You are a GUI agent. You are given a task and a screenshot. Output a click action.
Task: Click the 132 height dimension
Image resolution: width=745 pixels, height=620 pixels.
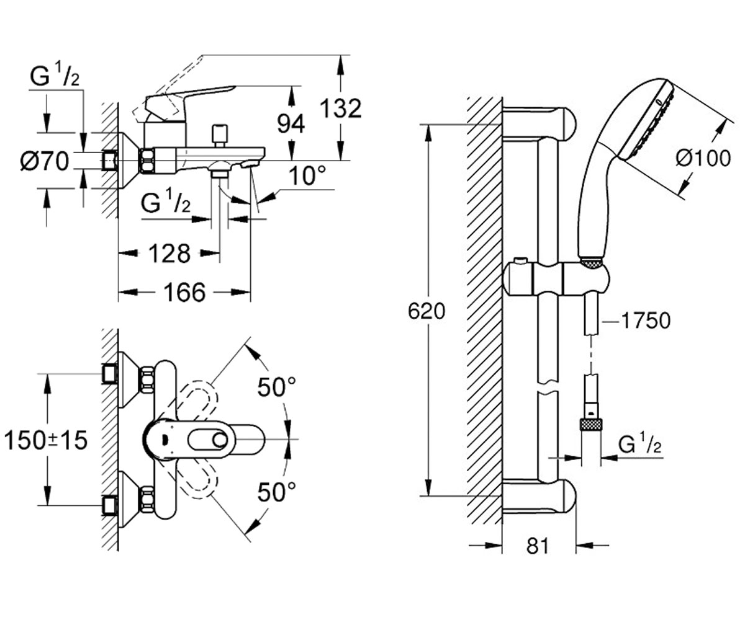340,108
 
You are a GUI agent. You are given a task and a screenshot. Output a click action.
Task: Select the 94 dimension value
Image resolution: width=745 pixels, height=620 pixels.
291,123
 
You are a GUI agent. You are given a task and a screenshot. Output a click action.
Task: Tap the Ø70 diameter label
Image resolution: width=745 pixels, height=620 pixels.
44,161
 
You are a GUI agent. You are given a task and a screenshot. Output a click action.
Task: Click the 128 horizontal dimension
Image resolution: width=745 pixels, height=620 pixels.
169,254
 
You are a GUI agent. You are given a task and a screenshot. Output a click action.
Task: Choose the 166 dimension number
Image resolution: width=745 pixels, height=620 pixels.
184,292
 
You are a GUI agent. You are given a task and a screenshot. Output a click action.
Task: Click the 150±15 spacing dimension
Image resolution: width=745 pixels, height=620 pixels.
46,440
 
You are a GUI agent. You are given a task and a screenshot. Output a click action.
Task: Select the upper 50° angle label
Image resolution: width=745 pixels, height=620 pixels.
277,387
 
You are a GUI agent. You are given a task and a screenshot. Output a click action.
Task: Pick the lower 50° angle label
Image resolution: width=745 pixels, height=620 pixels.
277,492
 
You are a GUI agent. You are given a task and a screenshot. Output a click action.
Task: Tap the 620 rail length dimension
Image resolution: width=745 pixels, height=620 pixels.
427,311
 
